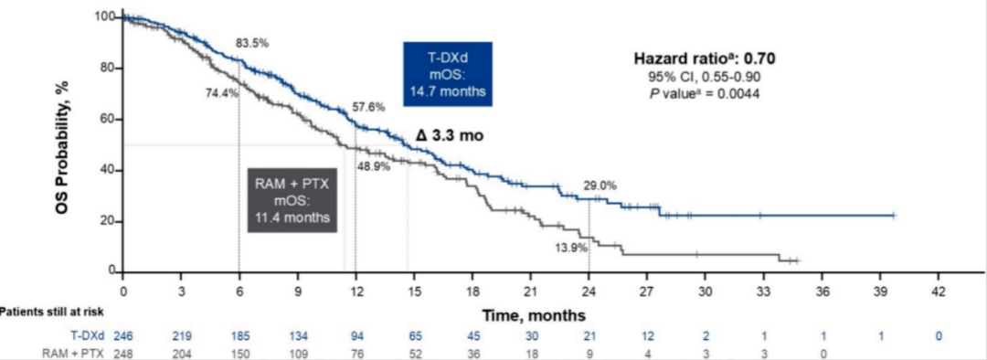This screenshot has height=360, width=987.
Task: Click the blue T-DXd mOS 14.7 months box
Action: coord(448,73)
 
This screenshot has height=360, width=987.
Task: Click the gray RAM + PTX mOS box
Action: coord(291,199)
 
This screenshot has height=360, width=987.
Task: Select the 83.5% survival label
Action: coord(252,45)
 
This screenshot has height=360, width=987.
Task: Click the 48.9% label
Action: coord(374,167)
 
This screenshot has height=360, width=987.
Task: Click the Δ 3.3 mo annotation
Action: coord(450,134)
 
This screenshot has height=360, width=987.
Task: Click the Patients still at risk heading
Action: coord(51,312)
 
